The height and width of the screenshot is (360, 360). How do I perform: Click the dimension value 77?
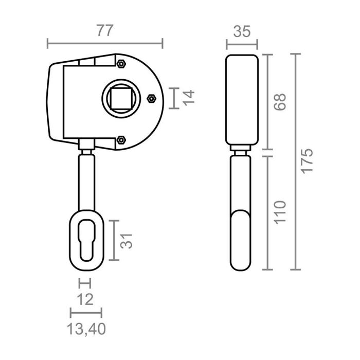coord(105,30)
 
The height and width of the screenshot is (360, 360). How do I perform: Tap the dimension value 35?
coord(241,32)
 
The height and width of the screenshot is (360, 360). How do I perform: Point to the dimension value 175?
coord(307,161)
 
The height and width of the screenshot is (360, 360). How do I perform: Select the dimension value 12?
coord(85,299)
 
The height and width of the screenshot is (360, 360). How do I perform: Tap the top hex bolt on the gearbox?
coord(121,64)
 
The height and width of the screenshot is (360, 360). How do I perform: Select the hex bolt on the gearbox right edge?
coord(152,98)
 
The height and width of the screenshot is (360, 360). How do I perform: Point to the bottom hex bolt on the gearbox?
coord(121,139)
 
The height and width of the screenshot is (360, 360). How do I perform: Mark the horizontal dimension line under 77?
coord(105,43)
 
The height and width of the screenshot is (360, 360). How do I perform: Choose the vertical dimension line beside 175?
coord(295,161)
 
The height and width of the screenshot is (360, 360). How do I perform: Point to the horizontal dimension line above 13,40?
coord(86,312)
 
